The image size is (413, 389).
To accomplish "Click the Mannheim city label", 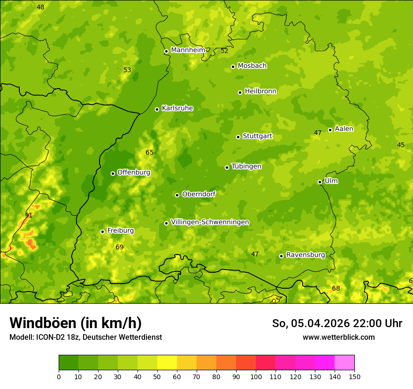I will [188, 50].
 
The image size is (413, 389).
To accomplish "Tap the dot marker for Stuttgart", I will [238, 137].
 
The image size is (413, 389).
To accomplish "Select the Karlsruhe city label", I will [177, 108].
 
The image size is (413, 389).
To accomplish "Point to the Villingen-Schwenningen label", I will [210, 222].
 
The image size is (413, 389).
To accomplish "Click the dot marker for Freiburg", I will [102, 232].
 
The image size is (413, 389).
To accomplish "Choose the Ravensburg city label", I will [305, 255].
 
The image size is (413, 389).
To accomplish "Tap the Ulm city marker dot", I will [320, 182].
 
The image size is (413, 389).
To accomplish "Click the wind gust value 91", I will [29, 215].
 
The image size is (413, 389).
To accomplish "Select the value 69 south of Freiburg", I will [119, 247].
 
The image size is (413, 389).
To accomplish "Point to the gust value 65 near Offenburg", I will [149, 152].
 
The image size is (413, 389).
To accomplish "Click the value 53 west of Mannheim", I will [127, 70].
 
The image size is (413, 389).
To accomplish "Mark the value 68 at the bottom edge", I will [336, 288].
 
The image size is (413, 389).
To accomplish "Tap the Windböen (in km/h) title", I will [75, 323].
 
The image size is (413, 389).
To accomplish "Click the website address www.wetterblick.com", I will [338, 337].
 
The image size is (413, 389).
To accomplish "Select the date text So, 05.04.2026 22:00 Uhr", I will [337, 323].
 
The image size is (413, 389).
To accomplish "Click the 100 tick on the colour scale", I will [256, 376].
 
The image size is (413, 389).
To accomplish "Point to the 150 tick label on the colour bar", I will [354, 376].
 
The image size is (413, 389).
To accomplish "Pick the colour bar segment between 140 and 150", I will [344, 363].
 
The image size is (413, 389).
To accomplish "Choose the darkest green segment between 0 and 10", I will [69, 363].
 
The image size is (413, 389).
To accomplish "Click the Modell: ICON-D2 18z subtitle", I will [85, 337].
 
